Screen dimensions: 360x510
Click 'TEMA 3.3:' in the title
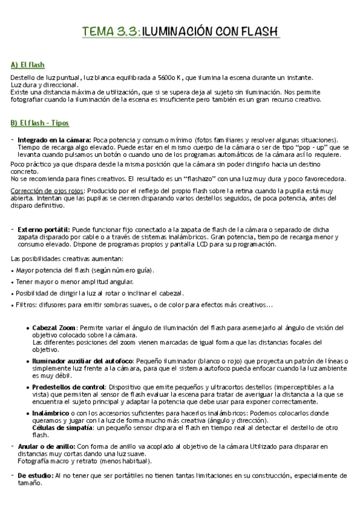(111, 32)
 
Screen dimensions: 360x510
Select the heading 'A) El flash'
(28, 64)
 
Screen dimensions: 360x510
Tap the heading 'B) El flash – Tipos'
(40, 123)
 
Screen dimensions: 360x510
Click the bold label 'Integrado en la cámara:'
(55, 140)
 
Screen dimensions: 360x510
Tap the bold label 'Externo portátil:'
(44, 229)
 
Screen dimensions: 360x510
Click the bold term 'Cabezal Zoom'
(54, 328)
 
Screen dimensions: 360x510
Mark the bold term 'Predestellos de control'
(69, 387)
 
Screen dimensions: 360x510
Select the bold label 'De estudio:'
(35, 475)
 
